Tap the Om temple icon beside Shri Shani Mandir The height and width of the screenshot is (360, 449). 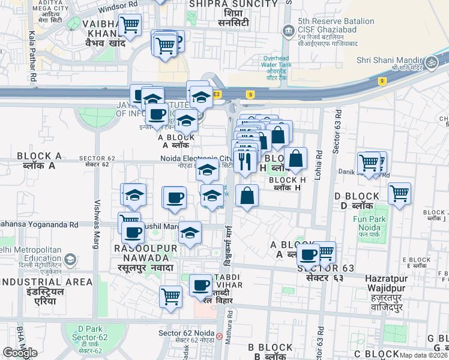[430, 62]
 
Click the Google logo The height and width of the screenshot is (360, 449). [20, 352]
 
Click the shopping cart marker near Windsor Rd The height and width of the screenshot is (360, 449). [130, 25]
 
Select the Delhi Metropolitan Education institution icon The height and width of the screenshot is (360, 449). [70, 260]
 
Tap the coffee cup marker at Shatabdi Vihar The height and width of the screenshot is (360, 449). [201, 285]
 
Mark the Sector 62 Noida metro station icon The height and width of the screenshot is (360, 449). [219, 335]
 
